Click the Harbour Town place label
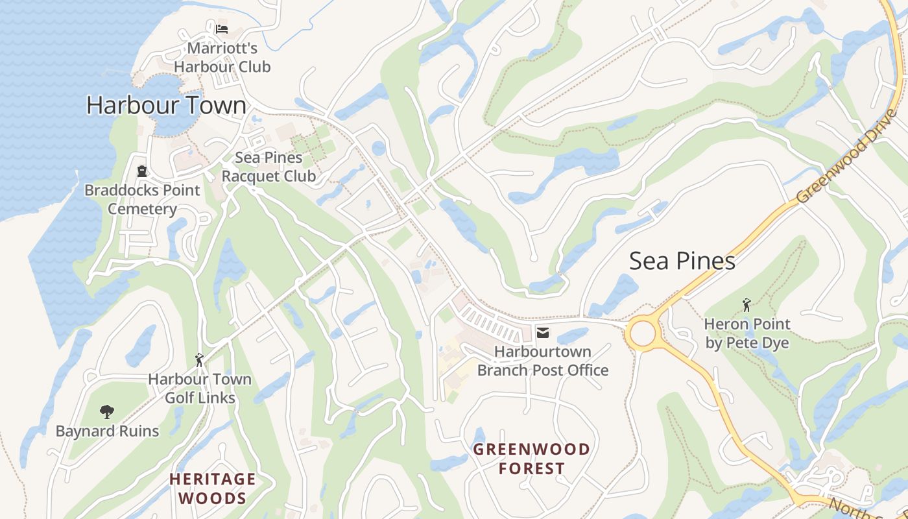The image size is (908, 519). (167, 105)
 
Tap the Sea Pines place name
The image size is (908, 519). (682, 261)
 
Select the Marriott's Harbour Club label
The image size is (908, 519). (222, 57)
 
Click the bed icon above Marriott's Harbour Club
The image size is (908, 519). (222, 29)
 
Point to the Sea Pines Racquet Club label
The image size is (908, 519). (269, 167)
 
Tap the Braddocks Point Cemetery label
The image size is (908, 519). (142, 199)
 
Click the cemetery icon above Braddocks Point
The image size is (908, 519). (142, 171)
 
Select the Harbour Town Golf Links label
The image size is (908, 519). (200, 388)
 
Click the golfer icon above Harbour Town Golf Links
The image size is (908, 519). (200, 360)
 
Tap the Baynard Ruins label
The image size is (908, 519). (107, 431)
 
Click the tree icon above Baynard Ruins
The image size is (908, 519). (107, 411)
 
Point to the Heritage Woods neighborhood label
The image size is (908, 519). (213, 489)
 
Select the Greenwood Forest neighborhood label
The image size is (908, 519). (532, 458)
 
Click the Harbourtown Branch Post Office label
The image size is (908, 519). (543, 361)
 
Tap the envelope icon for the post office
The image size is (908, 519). (543, 333)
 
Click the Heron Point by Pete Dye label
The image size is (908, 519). (747, 333)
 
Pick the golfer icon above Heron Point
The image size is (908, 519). (747, 305)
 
